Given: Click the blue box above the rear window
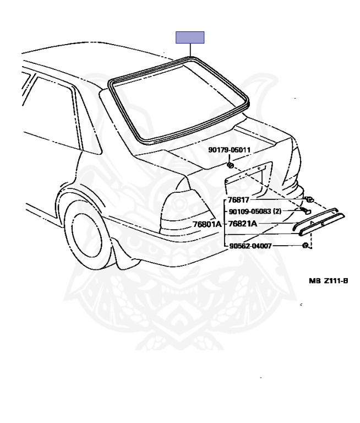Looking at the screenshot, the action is click(x=189, y=37).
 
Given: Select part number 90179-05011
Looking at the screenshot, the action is click(x=229, y=149).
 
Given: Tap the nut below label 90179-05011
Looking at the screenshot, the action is click(x=231, y=165).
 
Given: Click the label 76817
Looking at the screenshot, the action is click(x=238, y=201).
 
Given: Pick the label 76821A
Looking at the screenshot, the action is click(x=243, y=224).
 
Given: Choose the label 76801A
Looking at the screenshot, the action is click(x=207, y=224).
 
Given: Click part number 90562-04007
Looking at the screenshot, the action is click(x=250, y=246).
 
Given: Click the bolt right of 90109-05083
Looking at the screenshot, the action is click(x=306, y=210).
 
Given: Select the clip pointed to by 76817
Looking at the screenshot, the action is click(x=309, y=199).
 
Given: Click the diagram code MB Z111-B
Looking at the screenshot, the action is click(x=328, y=280).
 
